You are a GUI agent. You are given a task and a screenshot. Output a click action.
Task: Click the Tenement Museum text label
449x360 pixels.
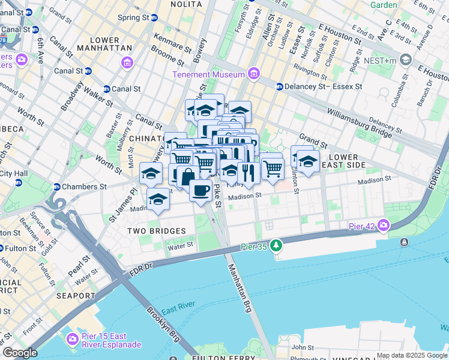(208, 74)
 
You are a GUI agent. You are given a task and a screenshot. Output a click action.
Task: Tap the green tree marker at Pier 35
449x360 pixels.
(276, 245)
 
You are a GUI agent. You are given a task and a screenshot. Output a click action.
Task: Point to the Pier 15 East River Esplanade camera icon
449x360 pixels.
(73, 339)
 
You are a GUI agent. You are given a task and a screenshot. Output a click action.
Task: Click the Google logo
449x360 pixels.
(20, 353)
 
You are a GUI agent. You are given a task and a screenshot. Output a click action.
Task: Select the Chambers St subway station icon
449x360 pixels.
(57, 186)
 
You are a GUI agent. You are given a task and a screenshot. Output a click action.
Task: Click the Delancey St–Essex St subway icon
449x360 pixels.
(279, 86)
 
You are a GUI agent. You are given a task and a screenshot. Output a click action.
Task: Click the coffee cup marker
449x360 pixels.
(200, 191)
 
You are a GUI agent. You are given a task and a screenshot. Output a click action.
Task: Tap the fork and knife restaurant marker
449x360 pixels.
(248, 172)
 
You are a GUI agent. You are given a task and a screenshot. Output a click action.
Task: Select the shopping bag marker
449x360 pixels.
(188, 176)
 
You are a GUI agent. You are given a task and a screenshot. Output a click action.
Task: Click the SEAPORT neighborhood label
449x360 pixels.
(76, 296)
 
